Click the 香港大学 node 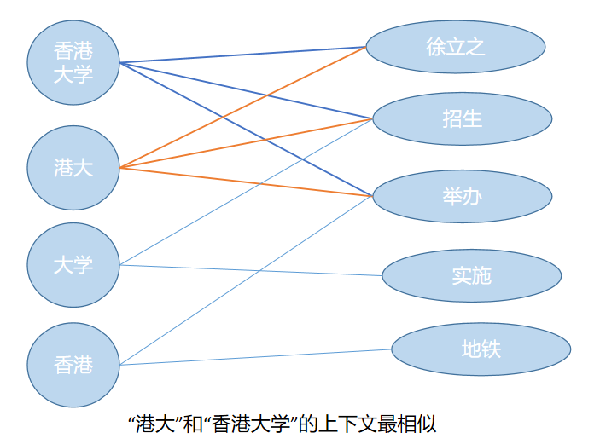[73, 61]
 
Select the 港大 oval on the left [73, 168]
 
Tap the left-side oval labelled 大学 [73, 265]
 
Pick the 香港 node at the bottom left [73, 365]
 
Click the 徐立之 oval [456, 47]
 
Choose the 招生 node [462, 118]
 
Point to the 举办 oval [462, 196]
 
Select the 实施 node [471, 275]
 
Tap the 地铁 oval [481, 349]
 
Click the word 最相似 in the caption [410, 424]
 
